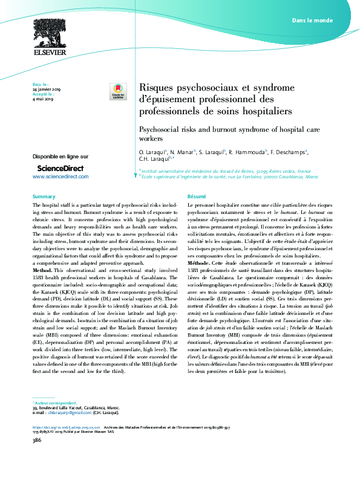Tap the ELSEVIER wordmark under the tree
point(50,53)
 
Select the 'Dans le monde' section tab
point(312,21)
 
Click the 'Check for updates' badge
point(116,92)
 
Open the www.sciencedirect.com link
point(60,177)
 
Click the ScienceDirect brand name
point(61,167)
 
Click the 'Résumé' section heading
point(197,197)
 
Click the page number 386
point(36,458)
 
